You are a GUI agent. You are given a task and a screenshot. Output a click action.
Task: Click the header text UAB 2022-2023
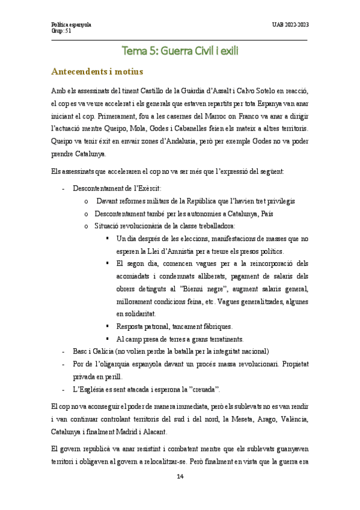290,25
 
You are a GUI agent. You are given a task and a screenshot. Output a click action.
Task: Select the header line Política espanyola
71,25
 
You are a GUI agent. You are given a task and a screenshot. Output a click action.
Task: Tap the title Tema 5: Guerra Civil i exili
180,51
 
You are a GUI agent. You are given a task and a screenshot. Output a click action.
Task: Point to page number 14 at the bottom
180,477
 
